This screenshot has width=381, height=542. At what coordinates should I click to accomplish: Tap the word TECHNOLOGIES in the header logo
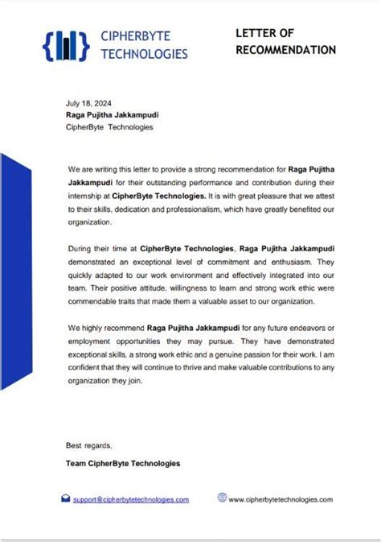click(x=145, y=54)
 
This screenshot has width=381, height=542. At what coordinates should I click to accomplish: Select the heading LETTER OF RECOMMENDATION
click(x=285, y=41)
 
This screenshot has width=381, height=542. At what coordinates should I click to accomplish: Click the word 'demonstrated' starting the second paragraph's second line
click(x=93, y=262)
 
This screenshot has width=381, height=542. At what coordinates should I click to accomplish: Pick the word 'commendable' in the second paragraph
click(x=95, y=300)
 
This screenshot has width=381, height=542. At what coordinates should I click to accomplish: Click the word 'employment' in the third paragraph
click(x=91, y=341)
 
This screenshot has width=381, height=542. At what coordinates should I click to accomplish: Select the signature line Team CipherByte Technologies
click(x=123, y=463)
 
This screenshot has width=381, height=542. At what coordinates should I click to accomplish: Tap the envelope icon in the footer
click(x=66, y=499)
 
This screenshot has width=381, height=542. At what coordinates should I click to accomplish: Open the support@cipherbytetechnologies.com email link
click(x=131, y=499)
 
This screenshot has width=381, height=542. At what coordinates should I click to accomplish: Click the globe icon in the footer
click(x=222, y=498)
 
